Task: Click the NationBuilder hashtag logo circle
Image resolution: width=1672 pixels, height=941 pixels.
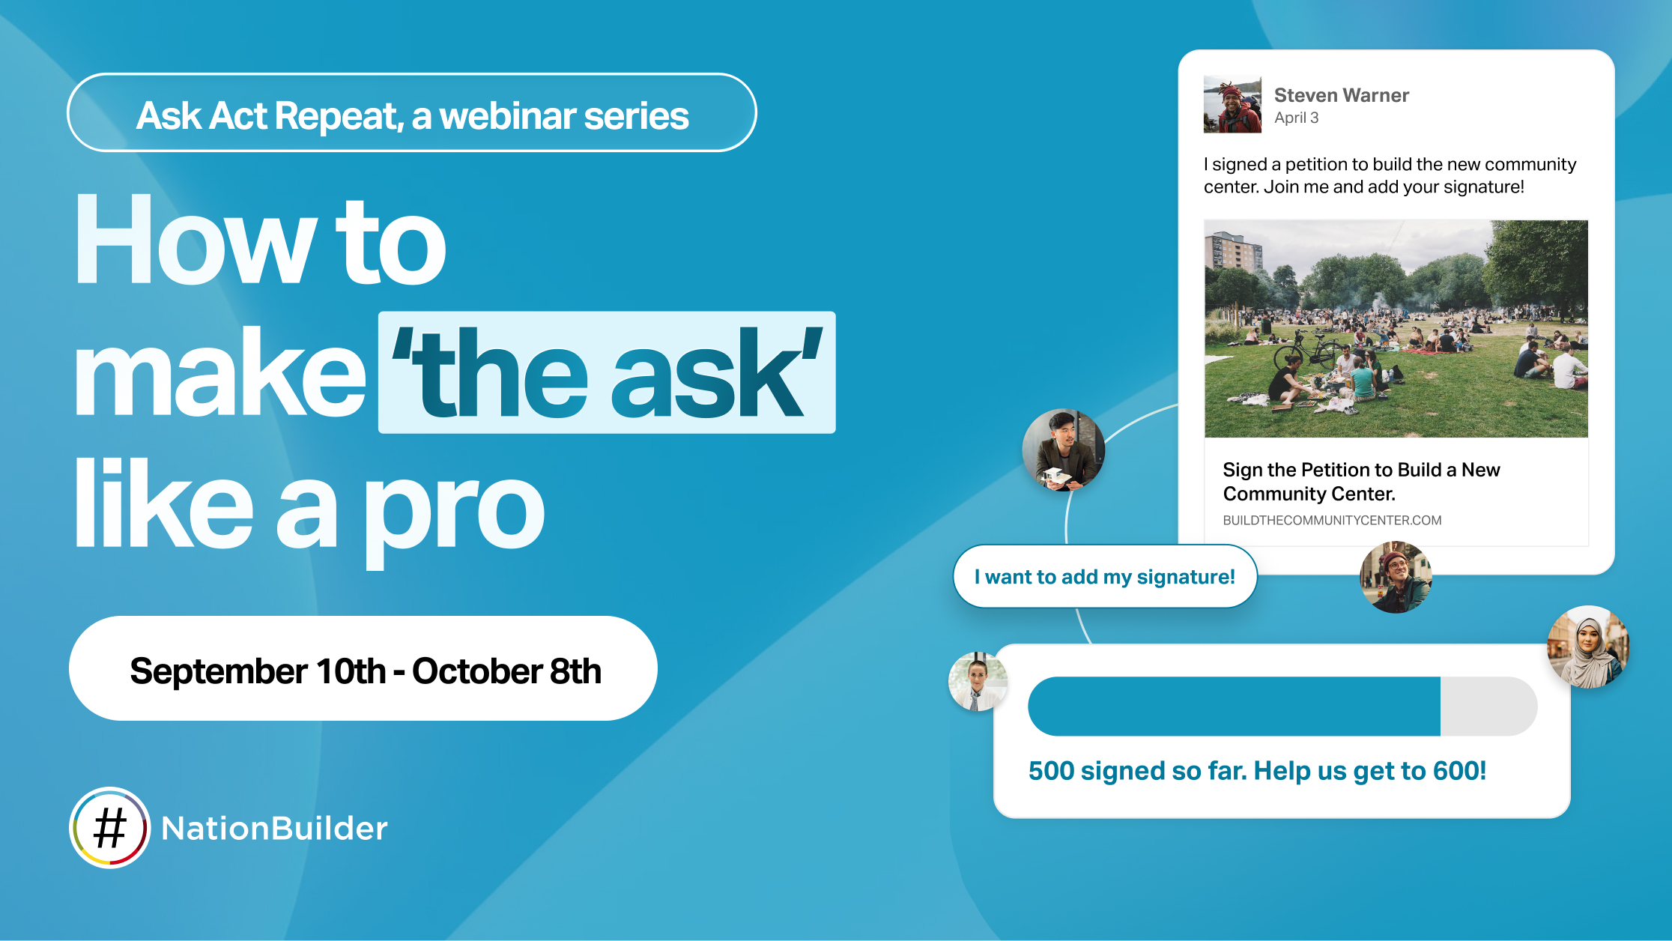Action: tap(110, 828)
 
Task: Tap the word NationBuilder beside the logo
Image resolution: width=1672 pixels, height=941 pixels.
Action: tap(274, 829)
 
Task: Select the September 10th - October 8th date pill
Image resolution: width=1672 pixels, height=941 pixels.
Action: tap(363, 669)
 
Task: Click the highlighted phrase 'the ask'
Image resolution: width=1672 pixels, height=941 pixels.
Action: tap(607, 372)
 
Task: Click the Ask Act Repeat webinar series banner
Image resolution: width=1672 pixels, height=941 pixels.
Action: tap(411, 113)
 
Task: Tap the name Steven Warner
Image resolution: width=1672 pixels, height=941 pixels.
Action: tap(1341, 95)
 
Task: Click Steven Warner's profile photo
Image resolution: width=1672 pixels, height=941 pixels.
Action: tap(1232, 104)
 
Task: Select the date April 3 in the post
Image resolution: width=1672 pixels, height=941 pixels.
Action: tap(1296, 118)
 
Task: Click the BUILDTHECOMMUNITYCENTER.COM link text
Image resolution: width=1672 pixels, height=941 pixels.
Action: tap(1332, 520)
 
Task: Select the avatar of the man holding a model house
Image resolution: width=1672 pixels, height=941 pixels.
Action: tap(1063, 450)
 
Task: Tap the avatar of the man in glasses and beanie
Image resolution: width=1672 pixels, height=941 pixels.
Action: tap(1396, 577)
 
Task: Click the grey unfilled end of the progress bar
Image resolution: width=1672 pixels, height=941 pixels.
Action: tap(1487, 706)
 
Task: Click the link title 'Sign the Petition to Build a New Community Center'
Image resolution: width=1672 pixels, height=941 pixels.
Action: tap(1360, 481)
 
